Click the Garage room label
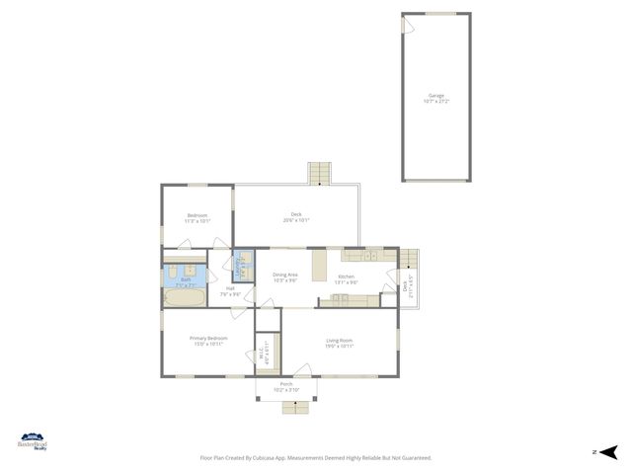tap(434, 98)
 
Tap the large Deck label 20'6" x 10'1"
tap(295, 217)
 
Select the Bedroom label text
tap(197, 218)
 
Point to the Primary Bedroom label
tap(208, 341)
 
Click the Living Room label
tap(340, 343)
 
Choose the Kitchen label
tap(346, 278)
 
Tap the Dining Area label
tap(285, 276)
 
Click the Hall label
tap(229, 291)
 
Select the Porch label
tap(285, 386)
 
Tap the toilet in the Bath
tap(172, 269)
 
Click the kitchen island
tap(320, 267)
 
